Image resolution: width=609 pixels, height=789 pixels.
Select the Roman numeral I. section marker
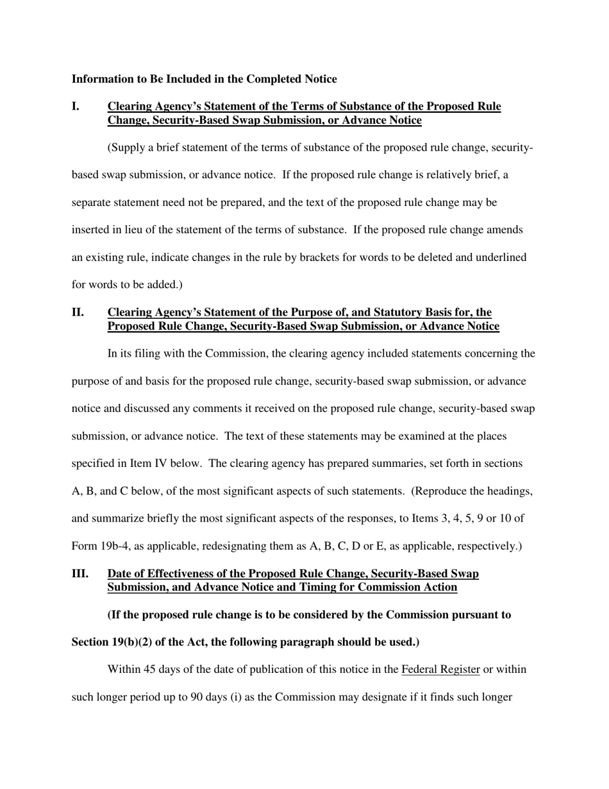(76, 106)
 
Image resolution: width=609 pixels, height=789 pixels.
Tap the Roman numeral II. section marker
(78, 312)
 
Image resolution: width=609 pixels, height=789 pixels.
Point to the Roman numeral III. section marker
(80, 573)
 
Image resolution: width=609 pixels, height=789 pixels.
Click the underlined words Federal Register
(440, 670)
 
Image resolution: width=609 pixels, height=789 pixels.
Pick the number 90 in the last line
(197, 697)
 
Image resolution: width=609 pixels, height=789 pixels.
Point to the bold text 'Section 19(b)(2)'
(111, 642)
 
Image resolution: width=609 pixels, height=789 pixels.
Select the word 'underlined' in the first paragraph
(499, 257)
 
